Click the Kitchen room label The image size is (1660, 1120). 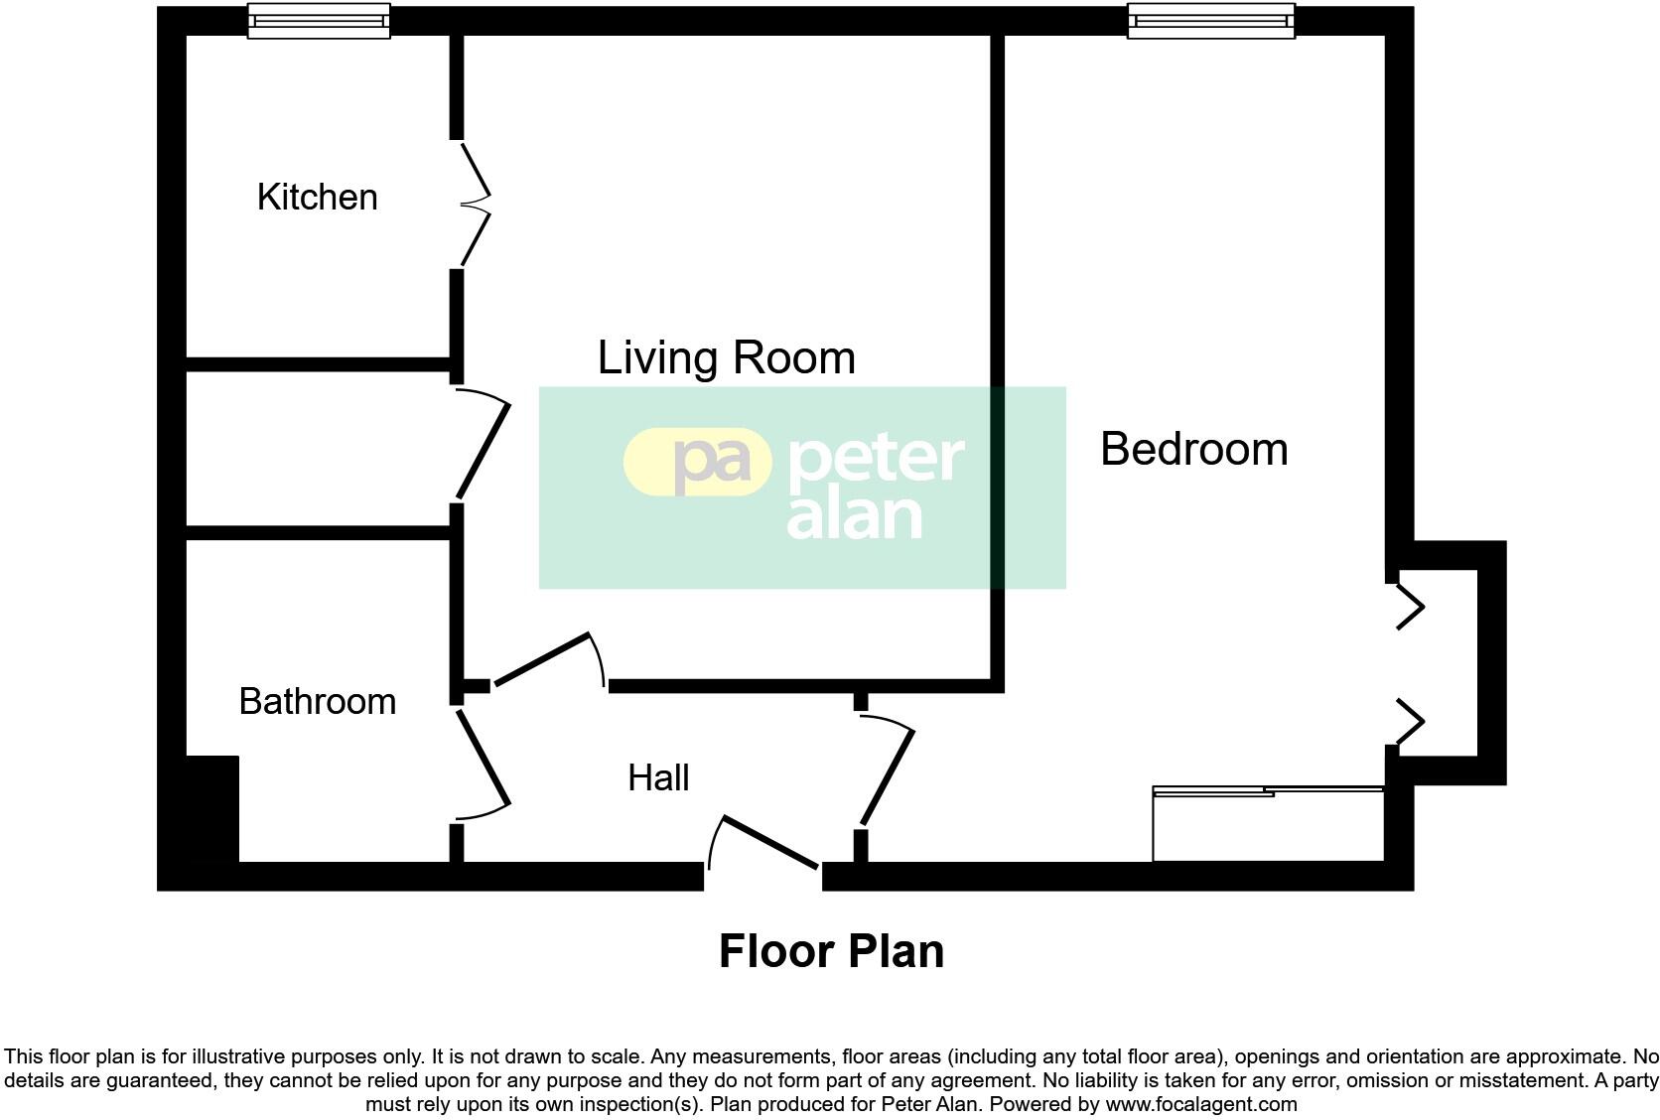pos(317,197)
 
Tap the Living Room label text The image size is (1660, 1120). pos(726,357)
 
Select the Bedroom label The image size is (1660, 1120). pos(1193,449)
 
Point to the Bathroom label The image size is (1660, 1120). pos(317,701)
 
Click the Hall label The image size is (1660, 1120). pos(658,777)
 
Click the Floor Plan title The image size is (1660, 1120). pos(831,951)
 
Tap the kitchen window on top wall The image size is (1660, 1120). pos(319,20)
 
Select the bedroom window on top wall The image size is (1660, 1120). pos(1210,20)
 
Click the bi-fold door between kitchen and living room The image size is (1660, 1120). pos(475,204)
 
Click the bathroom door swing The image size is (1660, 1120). pos(483,763)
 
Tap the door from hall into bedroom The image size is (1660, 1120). pos(887,774)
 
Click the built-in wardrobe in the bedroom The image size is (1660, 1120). pos(1268,824)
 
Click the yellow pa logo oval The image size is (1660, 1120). pos(697,462)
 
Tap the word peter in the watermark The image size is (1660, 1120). pos(876,459)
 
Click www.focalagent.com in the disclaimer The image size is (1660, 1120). pos(1200,1104)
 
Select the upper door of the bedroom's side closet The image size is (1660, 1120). pos(1410,607)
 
